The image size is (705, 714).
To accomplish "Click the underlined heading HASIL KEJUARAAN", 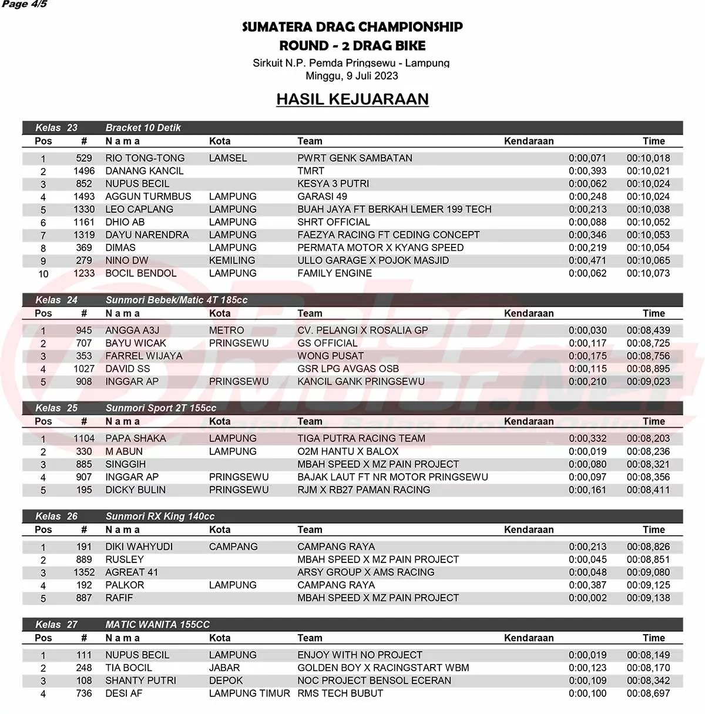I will pyautogui.click(x=352, y=99).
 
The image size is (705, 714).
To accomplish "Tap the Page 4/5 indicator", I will pyautogui.click(x=25, y=5).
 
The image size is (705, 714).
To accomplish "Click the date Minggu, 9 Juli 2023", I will pyautogui.click(x=351, y=76).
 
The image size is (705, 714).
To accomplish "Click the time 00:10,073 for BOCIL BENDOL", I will pyautogui.click(x=648, y=273).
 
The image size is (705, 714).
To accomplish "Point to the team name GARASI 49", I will pyautogui.click(x=322, y=196).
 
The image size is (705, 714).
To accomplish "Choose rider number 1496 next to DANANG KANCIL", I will pyautogui.click(x=84, y=171).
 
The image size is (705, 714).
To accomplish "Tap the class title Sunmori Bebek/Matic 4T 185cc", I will pyautogui.click(x=176, y=300).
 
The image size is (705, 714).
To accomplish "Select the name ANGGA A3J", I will pyautogui.click(x=132, y=330).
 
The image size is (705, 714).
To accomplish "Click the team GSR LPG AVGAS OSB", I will pyautogui.click(x=348, y=368).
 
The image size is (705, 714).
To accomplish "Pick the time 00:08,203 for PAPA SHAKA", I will pyautogui.click(x=648, y=438).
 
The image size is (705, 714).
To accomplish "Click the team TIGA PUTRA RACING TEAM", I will pyautogui.click(x=361, y=438).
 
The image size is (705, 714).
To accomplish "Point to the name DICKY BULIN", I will pyautogui.click(x=135, y=490).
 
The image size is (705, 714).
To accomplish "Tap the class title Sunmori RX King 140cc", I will pyautogui.click(x=160, y=516).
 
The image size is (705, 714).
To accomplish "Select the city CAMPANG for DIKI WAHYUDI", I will pyautogui.click(x=233, y=547).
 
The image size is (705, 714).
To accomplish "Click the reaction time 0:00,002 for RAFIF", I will pyautogui.click(x=587, y=598).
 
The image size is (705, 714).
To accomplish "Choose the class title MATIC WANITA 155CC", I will pyautogui.click(x=157, y=624).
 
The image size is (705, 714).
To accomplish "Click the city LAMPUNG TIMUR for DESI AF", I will pyautogui.click(x=249, y=693).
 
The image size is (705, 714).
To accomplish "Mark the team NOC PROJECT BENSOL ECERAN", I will pyautogui.click(x=374, y=681).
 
